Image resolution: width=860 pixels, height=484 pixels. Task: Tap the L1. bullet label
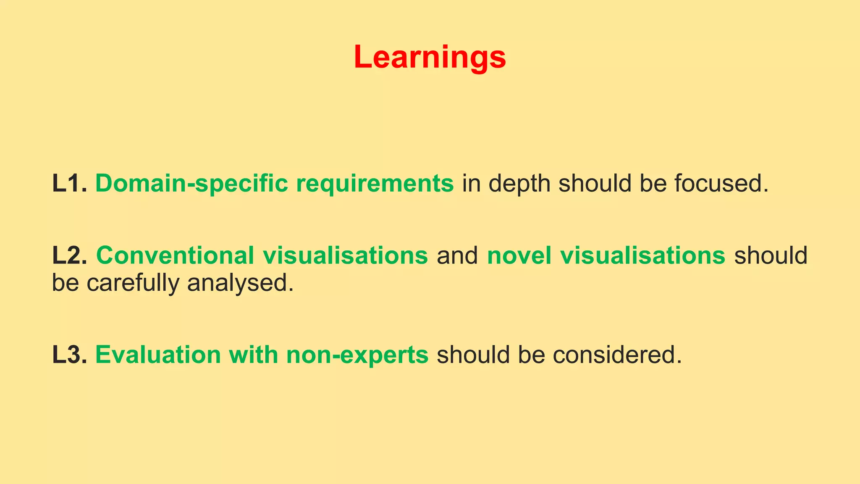pos(70,183)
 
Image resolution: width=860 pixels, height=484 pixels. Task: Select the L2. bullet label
pos(70,255)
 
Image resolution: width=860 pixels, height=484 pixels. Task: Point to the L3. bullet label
pos(70,355)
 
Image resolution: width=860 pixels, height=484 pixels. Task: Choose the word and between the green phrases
pos(457,255)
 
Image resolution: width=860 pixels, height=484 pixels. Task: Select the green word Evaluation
pos(158,355)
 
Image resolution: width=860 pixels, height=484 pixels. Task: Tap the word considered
pos(617,355)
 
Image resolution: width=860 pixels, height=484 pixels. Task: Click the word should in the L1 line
pos(595,183)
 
